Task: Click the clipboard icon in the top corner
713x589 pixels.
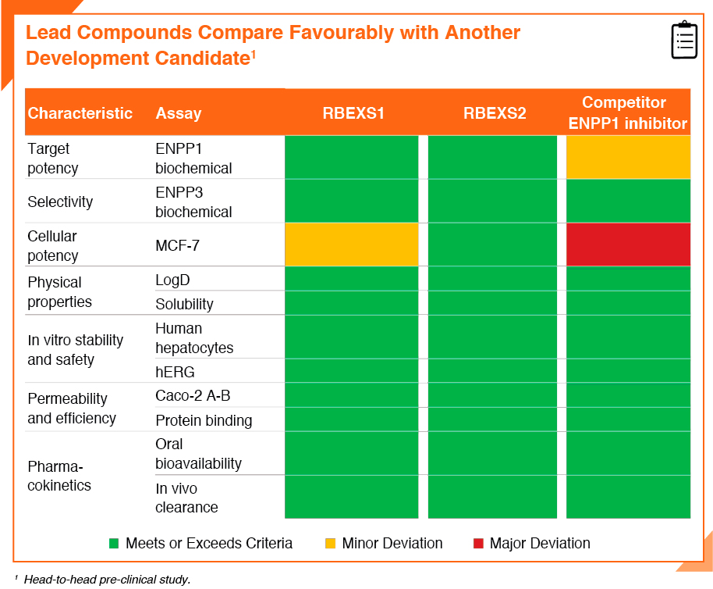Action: point(684,40)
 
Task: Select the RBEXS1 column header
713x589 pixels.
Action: point(353,113)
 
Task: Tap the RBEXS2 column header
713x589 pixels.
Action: point(495,113)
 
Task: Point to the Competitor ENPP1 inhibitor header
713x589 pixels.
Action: point(627,113)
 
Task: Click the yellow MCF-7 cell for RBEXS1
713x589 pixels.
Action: point(352,245)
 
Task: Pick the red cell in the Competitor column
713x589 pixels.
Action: point(629,245)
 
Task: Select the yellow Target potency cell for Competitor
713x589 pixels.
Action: point(629,157)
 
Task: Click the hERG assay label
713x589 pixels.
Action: point(175,372)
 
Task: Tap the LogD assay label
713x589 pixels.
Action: point(172,280)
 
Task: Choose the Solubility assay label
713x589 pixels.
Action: point(184,304)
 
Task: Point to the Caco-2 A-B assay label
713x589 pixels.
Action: point(193,395)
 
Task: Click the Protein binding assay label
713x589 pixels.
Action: point(204,420)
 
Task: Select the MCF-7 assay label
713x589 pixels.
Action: point(177,246)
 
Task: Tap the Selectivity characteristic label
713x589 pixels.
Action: point(60,202)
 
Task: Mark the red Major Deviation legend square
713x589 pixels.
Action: point(478,543)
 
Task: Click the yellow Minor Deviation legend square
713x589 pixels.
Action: point(331,543)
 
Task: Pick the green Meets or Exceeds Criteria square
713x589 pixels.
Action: point(114,543)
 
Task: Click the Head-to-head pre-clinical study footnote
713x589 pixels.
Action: point(108,580)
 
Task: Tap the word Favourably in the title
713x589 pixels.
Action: point(342,33)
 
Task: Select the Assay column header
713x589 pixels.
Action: point(178,113)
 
